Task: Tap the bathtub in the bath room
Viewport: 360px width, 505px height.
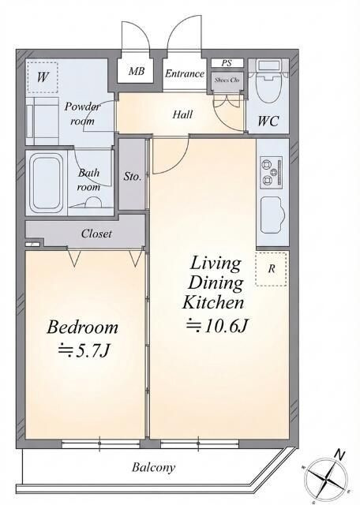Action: click(x=47, y=183)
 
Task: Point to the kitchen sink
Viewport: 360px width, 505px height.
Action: click(x=272, y=214)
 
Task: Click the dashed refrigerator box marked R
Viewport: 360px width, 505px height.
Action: click(x=271, y=269)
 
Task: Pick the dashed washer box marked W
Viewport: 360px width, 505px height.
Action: click(x=42, y=77)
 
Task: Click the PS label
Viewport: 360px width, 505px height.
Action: click(x=227, y=63)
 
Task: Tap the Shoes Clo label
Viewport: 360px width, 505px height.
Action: click(x=227, y=80)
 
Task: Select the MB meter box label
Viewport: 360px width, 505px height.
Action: click(x=137, y=71)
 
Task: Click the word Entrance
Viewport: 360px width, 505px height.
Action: click(x=185, y=73)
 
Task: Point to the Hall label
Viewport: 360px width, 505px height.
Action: click(x=182, y=114)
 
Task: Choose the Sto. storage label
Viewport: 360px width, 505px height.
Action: click(x=132, y=177)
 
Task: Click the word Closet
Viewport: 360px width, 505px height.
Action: click(x=96, y=234)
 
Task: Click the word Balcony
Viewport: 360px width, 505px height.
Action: click(x=153, y=468)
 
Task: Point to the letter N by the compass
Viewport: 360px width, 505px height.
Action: click(x=339, y=455)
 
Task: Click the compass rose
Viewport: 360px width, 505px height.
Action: click(x=327, y=478)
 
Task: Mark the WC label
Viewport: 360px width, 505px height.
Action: click(x=268, y=121)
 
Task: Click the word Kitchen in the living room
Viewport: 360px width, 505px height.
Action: click(x=213, y=303)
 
